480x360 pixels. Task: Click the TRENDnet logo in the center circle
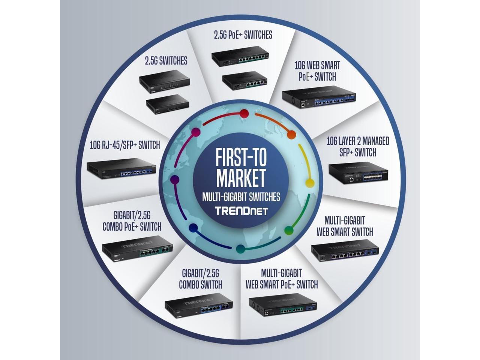[241, 210]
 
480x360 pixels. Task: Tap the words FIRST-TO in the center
[241, 158]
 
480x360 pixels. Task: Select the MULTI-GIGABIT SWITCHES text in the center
[241, 196]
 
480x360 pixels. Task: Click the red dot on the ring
[244, 114]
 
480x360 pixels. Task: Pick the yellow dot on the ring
[310, 183]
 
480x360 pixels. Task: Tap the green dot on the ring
[288, 230]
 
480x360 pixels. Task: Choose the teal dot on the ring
[241, 249]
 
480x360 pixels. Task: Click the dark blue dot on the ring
[193, 228]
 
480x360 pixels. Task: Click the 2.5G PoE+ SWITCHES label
[243, 35]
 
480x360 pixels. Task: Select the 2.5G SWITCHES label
[166, 61]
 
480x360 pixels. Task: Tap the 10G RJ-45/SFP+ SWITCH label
[125, 145]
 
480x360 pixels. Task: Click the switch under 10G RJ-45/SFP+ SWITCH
[121, 169]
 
